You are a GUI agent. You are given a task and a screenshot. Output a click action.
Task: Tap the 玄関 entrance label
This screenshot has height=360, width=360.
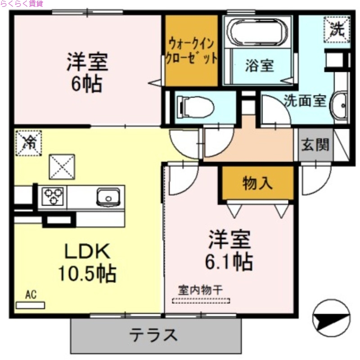pos(315,145)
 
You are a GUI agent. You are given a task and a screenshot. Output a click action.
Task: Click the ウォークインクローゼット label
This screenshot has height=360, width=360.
pos(192,51)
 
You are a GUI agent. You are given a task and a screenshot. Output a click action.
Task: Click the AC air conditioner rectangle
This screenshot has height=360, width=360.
pos(31,305)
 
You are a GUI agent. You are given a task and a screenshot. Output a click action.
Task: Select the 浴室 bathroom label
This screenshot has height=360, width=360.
pos(259,66)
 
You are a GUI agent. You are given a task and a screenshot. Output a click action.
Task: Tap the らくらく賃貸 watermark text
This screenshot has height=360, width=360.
pos(22,4)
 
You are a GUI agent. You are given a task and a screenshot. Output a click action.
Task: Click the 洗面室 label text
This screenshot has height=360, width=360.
pos(305,100)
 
